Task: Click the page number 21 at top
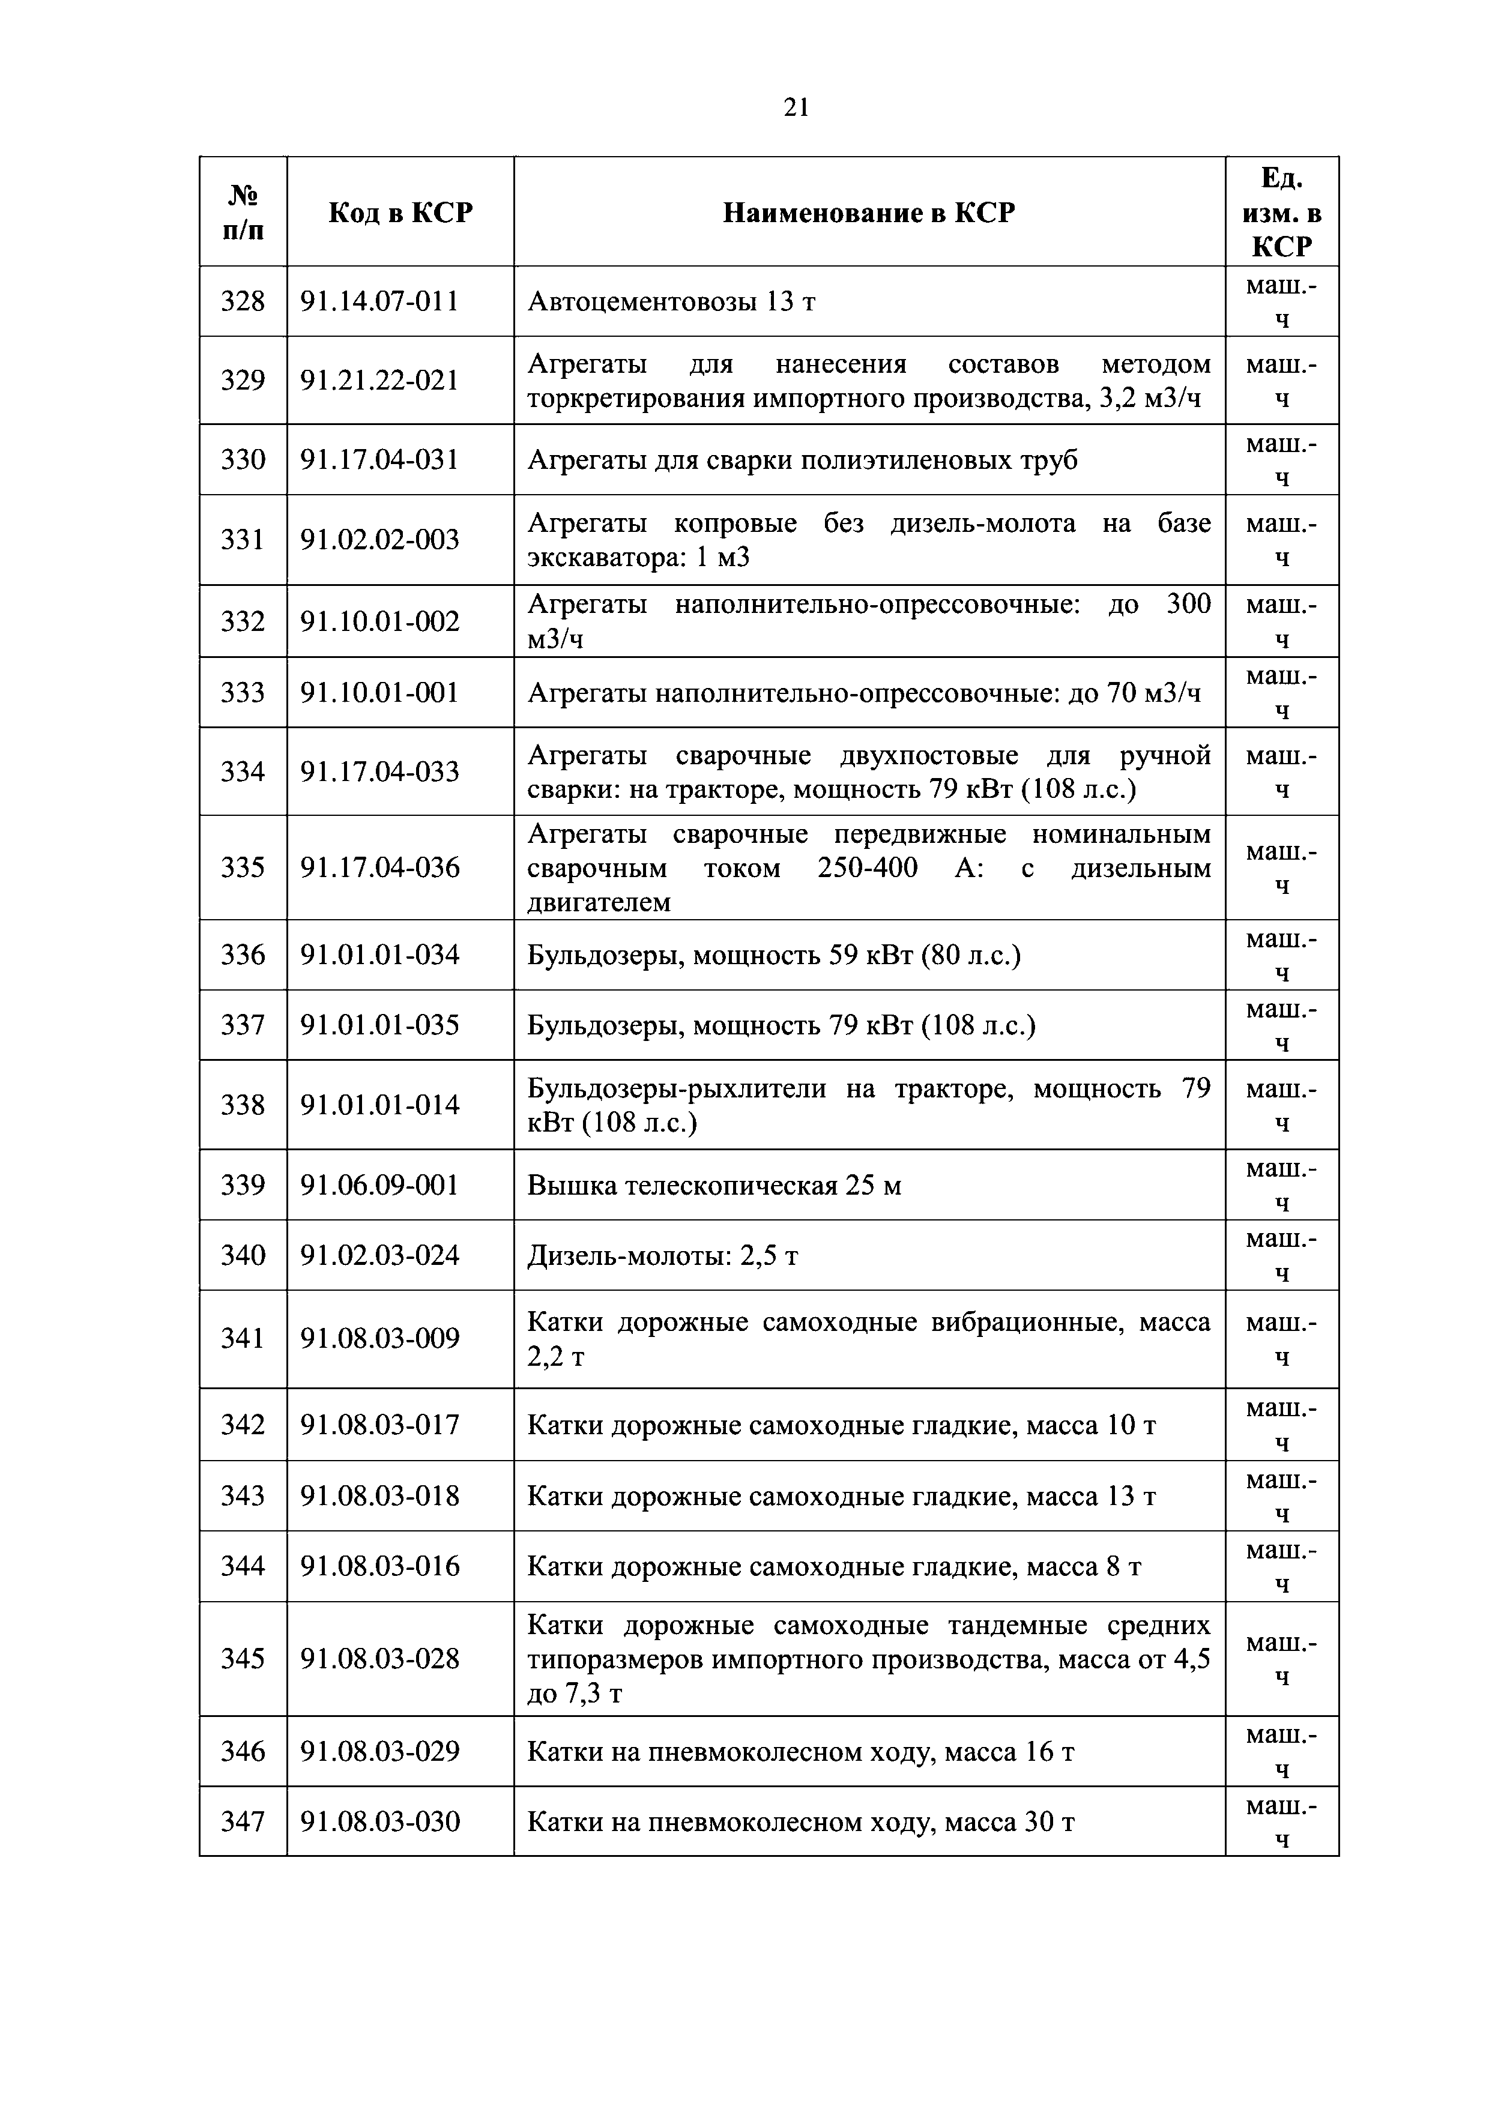(796, 108)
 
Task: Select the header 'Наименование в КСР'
(869, 213)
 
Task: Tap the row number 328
(243, 301)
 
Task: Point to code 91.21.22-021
(380, 381)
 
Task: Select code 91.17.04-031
(380, 459)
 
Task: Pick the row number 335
(243, 867)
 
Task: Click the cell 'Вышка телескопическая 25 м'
(714, 1186)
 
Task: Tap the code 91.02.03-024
(380, 1255)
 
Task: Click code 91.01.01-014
(380, 1105)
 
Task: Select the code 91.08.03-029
(380, 1752)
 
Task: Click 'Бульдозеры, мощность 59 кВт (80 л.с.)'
(773, 956)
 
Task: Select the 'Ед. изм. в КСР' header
(1282, 213)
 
